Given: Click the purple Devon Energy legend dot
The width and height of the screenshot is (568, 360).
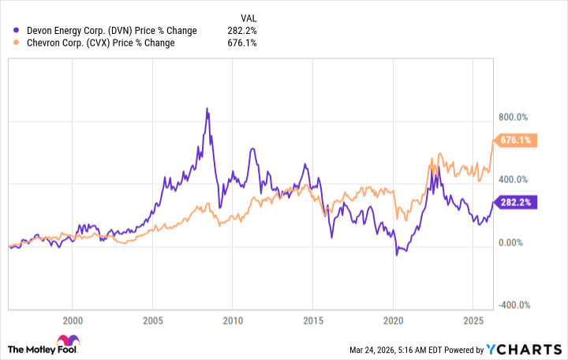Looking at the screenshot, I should click(17, 30).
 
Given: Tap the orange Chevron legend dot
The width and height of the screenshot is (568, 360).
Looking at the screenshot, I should click(17, 43).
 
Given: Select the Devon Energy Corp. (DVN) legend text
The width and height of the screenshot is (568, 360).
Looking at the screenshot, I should click(111, 30).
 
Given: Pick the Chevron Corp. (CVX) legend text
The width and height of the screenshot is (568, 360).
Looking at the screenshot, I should click(101, 43).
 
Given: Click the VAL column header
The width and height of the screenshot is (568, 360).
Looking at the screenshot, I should click(249, 17).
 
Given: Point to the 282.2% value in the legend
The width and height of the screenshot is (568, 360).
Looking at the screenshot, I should click(242, 30).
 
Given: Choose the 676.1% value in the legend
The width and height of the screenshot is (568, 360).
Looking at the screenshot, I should click(242, 43).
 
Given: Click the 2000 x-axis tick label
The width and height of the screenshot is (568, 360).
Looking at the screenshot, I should click(72, 321).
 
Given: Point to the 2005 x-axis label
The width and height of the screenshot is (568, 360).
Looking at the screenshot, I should click(152, 321).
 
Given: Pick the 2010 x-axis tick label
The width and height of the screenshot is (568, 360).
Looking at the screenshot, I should click(232, 321).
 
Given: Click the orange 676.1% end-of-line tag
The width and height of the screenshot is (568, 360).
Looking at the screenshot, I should click(516, 141).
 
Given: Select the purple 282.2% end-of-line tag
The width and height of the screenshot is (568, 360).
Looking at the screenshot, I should click(516, 202).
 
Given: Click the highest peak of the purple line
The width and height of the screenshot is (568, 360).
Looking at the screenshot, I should click(207, 108).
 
